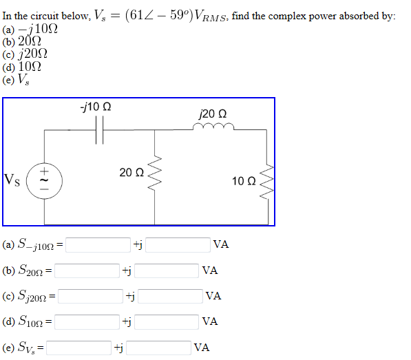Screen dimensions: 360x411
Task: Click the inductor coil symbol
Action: click(214, 127)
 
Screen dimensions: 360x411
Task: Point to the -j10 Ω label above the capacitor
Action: click(96, 108)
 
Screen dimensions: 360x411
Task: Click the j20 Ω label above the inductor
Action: click(213, 113)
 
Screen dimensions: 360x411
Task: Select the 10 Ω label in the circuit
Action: click(244, 181)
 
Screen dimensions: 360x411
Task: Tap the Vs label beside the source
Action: click(13, 180)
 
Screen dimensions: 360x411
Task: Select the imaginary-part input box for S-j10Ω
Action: click(178, 244)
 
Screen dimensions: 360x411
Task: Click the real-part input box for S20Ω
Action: click(87, 271)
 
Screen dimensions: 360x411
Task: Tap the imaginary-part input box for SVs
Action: click(158, 348)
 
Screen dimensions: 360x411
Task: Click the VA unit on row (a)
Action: click(221, 244)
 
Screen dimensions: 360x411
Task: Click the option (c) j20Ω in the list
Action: click(25, 54)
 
